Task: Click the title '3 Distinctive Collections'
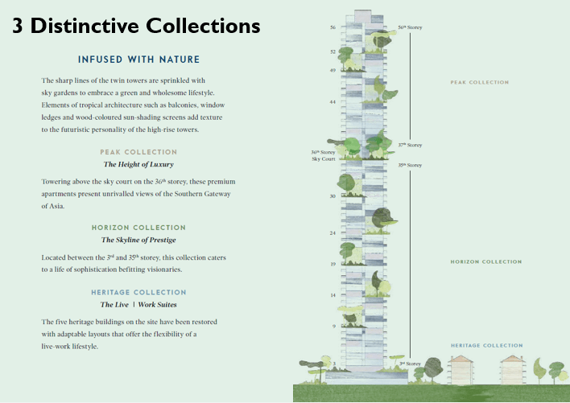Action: pos(136,26)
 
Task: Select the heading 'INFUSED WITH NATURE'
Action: pos(138,60)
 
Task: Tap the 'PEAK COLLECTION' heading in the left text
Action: pos(138,152)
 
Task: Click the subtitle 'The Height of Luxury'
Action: pos(138,164)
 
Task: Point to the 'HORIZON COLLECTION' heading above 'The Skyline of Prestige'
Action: pos(138,228)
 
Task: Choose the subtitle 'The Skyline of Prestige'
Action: pos(138,240)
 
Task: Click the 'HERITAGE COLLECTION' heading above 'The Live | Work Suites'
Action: pos(138,292)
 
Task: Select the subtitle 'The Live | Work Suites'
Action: pos(138,305)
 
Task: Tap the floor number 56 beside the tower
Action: pos(332,27)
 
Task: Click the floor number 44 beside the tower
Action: pos(332,102)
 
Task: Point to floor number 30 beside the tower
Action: pos(332,196)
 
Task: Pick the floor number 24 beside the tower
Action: pos(332,233)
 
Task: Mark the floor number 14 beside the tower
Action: pos(332,295)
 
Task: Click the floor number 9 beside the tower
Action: pos(333,326)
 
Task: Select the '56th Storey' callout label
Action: pos(409,27)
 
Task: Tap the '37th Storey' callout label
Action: pos(409,145)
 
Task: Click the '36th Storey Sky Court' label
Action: pos(322,155)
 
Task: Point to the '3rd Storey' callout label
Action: pos(410,364)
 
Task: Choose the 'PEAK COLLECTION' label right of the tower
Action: pos(480,82)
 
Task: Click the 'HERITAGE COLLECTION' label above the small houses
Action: pos(486,346)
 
